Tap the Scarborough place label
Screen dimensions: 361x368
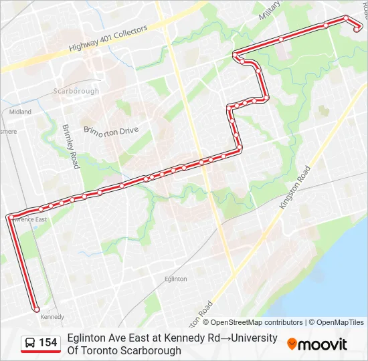76,91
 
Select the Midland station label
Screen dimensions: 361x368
20,112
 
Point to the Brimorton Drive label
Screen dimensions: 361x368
111,130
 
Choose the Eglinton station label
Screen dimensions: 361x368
175,279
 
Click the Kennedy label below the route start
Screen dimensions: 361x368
52,317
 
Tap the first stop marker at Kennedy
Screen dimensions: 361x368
36,310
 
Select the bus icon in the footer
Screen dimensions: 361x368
30,343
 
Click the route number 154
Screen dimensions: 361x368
48,343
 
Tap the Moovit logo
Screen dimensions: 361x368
317,344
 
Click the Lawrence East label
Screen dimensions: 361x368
29,219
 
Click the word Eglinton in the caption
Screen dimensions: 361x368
87,338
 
